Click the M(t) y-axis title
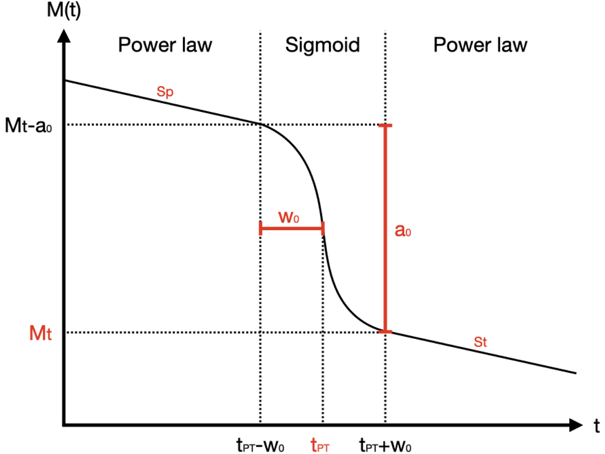pyautogui.click(x=54, y=11)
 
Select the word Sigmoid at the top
pyautogui.click(x=323, y=45)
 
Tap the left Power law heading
pyautogui.click(x=165, y=45)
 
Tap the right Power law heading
pyautogui.click(x=480, y=45)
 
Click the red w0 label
pyautogui.click(x=290, y=217)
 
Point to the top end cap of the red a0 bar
pyautogui.click(x=386, y=125)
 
